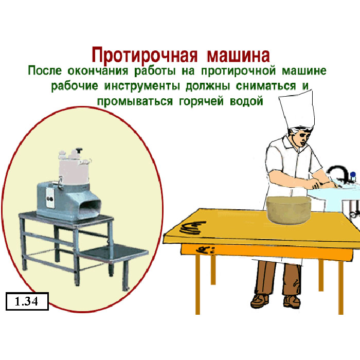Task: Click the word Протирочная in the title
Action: click(145, 55)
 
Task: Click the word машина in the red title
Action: click(238, 55)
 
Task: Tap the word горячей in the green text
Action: click(201, 101)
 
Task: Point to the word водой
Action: click(246, 101)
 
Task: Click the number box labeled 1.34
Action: click(27, 301)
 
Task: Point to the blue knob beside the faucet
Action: click(353, 175)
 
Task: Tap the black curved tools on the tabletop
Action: click(193, 227)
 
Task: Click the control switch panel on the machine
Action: click(50, 198)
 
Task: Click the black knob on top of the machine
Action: click(79, 150)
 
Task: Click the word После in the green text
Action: click(45, 70)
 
